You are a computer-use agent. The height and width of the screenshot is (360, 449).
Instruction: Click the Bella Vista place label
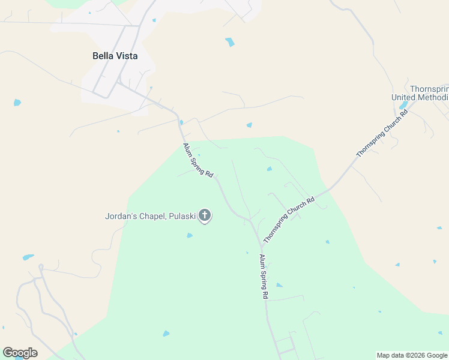(x=115, y=56)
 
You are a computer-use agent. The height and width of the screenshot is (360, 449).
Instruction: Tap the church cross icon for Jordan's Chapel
(x=205, y=215)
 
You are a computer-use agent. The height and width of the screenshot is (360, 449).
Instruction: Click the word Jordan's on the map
(x=121, y=216)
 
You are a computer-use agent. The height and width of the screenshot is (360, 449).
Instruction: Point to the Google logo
(x=20, y=352)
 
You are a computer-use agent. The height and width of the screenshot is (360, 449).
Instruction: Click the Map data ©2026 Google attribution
(x=411, y=355)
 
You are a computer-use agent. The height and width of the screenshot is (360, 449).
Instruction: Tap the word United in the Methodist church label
(x=405, y=97)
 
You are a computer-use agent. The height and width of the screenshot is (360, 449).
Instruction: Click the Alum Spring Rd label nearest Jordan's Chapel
(x=199, y=160)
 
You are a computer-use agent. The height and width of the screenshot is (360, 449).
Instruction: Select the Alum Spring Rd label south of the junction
(x=264, y=277)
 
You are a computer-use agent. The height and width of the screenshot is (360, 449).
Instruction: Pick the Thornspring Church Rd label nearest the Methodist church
(x=382, y=133)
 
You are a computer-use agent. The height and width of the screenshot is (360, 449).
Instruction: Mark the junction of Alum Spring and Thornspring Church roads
(x=262, y=245)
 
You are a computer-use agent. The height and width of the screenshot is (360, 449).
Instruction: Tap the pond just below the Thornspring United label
(x=403, y=106)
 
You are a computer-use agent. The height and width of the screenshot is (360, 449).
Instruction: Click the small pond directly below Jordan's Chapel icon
(x=190, y=235)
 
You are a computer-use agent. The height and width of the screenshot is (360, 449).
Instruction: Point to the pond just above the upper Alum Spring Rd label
(x=181, y=122)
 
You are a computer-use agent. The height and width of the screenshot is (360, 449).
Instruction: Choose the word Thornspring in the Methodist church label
(x=429, y=88)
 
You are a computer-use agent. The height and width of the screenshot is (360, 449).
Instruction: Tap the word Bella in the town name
(x=102, y=56)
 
